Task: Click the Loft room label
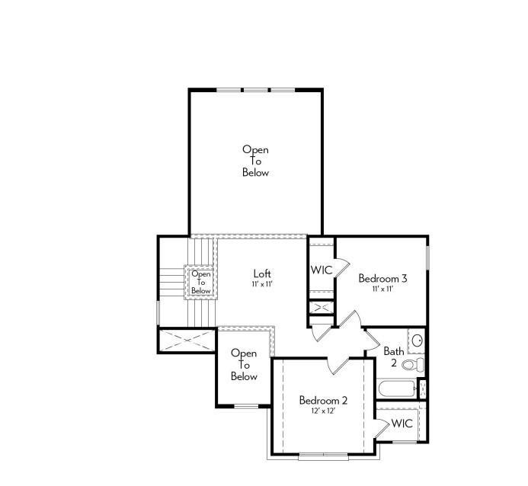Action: pos(262,273)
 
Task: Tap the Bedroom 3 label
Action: pos(382,279)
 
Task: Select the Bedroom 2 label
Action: pos(323,401)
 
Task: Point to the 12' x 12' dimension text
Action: pos(323,411)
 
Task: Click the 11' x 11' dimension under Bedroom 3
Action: pos(382,289)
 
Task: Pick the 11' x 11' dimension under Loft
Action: pos(262,284)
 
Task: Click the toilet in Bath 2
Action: pos(411,365)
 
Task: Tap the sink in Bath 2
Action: pos(416,341)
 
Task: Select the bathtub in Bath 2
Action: pos(397,389)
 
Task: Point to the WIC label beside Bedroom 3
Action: pos(321,270)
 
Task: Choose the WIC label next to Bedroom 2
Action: pos(402,424)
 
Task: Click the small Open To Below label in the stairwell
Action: pos(201,282)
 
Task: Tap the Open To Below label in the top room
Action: pos(255,161)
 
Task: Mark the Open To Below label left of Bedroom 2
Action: pos(244,365)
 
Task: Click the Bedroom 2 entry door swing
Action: pos(338,366)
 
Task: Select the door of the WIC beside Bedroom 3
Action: pos(341,266)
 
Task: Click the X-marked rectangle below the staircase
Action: pos(187,340)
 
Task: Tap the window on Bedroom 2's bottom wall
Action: pos(323,456)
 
